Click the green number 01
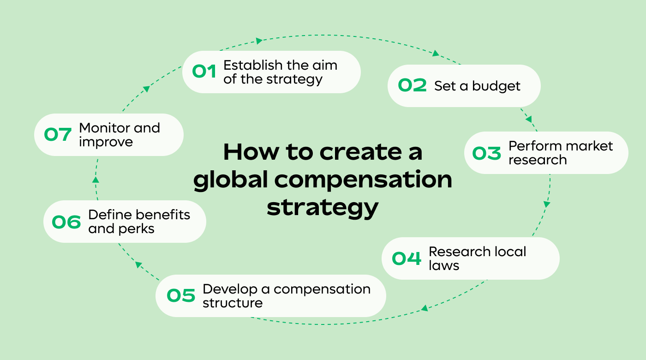click(204, 72)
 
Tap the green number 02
click(413, 86)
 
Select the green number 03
click(486, 153)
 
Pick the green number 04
click(407, 258)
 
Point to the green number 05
click(181, 296)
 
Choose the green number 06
click(66, 222)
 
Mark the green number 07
click(58, 135)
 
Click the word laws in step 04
click(444, 265)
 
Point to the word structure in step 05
click(233, 303)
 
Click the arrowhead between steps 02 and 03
click(529, 119)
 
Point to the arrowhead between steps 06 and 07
click(95, 180)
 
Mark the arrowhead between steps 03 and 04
click(547, 204)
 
